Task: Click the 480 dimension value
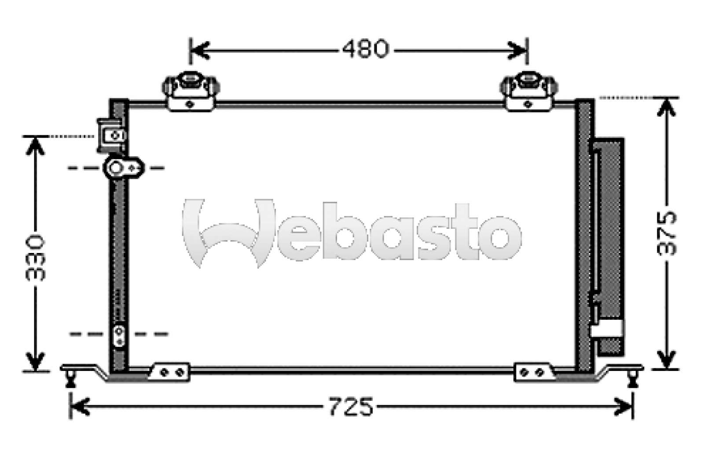366,49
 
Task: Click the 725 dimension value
351,407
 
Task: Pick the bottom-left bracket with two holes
171,372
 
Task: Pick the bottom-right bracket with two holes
533,372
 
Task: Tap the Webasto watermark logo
352,233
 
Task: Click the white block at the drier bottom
608,328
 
